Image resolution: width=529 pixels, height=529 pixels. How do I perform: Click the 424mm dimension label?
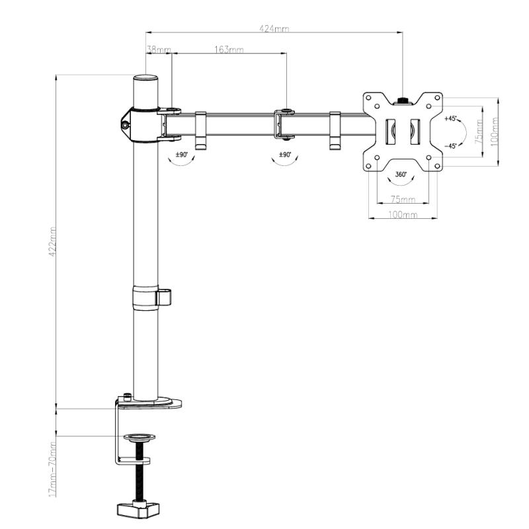click(274, 28)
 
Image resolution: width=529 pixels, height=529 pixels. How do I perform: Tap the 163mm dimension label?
click(229, 50)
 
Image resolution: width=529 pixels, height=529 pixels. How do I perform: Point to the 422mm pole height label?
click(52, 242)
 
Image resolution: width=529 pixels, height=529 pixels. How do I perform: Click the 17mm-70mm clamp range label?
click(52, 469)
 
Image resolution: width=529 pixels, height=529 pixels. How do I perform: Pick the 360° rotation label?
click(401, 176)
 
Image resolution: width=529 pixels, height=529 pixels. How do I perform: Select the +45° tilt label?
click(450, 119)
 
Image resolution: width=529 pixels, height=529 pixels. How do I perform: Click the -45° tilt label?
click(450, 145)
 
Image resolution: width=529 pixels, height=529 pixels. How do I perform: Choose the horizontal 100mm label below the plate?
click(402, 216)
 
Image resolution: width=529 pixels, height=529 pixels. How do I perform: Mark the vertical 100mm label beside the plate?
click(495, 132)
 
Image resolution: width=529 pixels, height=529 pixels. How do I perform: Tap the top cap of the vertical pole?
click(146, 78)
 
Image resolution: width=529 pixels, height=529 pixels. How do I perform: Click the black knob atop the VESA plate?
click(402, 101)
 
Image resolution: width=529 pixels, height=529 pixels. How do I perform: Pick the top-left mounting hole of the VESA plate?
click(376, 106)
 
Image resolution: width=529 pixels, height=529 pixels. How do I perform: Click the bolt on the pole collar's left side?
click(125, 122)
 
